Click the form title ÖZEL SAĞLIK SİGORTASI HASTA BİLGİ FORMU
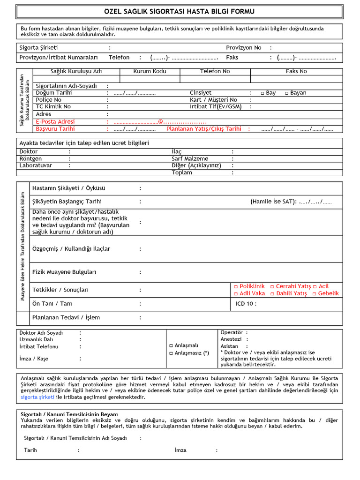(x=180, y=11)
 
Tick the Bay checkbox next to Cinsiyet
(x=262, y=93)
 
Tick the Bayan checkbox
(x=287, y=93)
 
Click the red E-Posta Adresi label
(x=55, y=121)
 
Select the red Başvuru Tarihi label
(x=55, y=128)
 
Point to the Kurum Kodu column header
(x=150, y=71)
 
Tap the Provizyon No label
(x=243, y=48)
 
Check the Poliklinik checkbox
(x=236, y=286)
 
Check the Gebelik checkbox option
(x=315, y=293)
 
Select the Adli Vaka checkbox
(x=236, y=293)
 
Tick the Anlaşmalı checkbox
(x=171, y=345)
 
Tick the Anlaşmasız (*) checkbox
(x=171, y=353)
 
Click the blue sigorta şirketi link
(x=37, y=397)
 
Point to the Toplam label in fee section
(x=182, y=172)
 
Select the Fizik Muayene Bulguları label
(x=64, y=272)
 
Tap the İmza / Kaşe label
(x=34, y=359)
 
